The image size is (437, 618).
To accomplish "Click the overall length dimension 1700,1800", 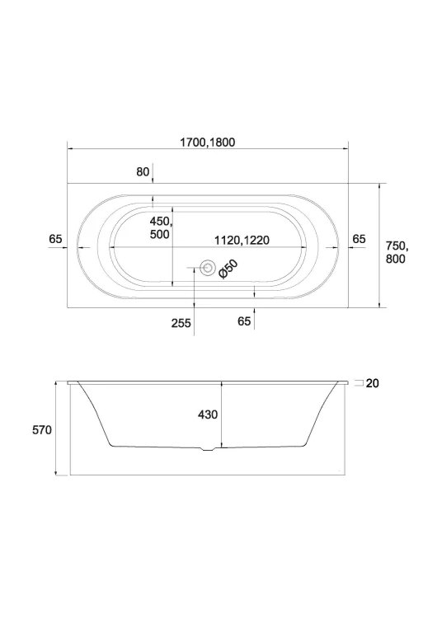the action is [208, 143].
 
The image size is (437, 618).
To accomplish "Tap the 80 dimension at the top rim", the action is [143, 172].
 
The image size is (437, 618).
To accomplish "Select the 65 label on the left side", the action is [55, 239].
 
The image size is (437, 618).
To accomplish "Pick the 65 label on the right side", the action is [359, 239].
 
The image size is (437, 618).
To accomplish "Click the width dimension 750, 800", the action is [397, 252].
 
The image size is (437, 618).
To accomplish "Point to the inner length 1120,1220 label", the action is [242, 240].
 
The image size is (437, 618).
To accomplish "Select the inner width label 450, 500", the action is [161, 227].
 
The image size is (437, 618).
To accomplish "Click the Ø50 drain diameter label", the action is [228, 269].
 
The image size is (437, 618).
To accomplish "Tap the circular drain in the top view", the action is [207, 268].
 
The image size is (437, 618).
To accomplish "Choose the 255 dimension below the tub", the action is [181, 323].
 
